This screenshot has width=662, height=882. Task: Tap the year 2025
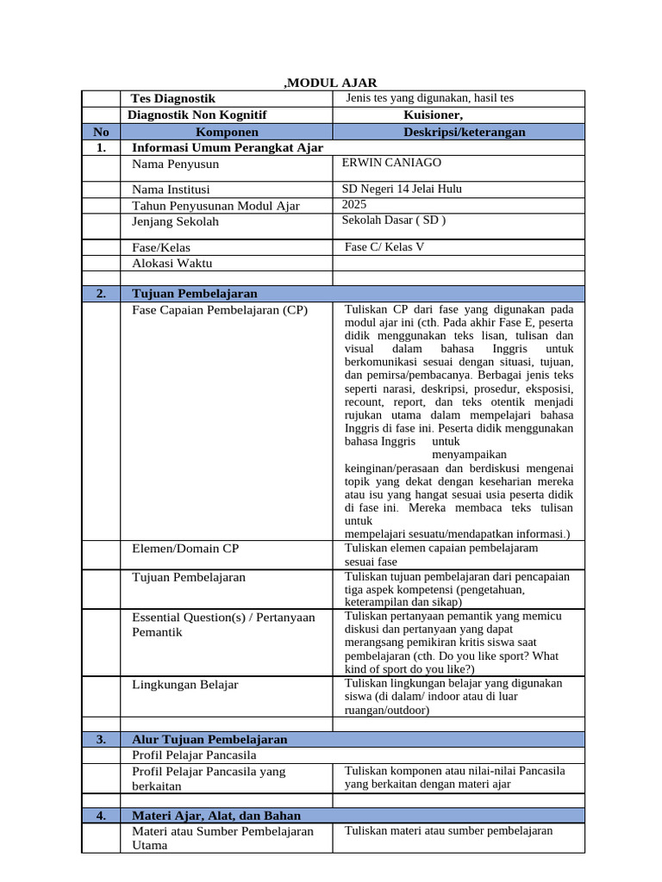(x=354, y=204)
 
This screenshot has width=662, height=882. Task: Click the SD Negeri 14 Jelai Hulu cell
(x=407, y=189)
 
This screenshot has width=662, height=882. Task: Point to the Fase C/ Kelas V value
(x=384, y=247)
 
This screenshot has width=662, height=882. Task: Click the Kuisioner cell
(x=433, y=115)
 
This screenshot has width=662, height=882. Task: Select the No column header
(x=101, y=132)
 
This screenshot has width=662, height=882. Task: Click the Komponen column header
(x=227, y=132)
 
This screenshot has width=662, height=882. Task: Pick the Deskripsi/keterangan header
(x=464, y=132)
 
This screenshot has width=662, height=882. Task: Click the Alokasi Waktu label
(x=172, y=264)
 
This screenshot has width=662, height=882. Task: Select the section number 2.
(x=101, y=294)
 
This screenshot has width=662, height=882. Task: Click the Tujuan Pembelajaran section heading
(x=194, y=294)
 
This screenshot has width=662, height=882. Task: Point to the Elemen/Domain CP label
(x=185, y=548)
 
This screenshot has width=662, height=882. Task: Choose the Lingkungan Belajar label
(x=185, y=685)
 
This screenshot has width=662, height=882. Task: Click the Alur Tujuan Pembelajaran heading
(x=209, y=740)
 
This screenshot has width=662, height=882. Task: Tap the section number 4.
(x=101, y=816)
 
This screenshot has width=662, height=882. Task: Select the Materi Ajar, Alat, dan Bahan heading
(x=216, y=816)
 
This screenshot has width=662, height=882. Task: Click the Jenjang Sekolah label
(x=175, y=221)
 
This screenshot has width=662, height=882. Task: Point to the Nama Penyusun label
(x=175, y=164)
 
